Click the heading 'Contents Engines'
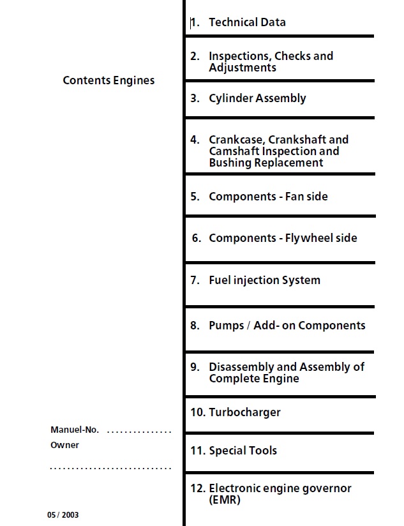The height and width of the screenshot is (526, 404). (x=108, y=80)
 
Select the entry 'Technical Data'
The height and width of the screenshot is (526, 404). (x=247, y=22)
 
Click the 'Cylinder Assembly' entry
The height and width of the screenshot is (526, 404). (x=257, y=98)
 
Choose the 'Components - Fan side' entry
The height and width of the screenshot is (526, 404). (x=268, y=197)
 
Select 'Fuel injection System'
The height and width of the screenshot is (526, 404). (x=264, y=280)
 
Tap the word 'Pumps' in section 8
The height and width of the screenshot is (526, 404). (x=226, y=326)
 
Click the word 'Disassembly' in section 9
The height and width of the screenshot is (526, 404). (x=243, y=367)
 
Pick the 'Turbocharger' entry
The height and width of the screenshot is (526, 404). (x=244, y=412)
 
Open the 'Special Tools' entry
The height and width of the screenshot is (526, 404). (x=243, y=451)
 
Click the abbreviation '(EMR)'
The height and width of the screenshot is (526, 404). (x=225, y=500)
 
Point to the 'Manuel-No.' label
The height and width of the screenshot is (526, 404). (x=75, y=430)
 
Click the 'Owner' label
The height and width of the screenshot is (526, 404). (x=64, y=446)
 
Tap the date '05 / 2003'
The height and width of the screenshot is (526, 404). (x=63, y=515)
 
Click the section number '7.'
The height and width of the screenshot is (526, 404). (x=195, y=280)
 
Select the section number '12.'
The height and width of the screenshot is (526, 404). (x=197, y=489)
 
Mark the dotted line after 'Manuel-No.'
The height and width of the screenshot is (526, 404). (x=139, y=432)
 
